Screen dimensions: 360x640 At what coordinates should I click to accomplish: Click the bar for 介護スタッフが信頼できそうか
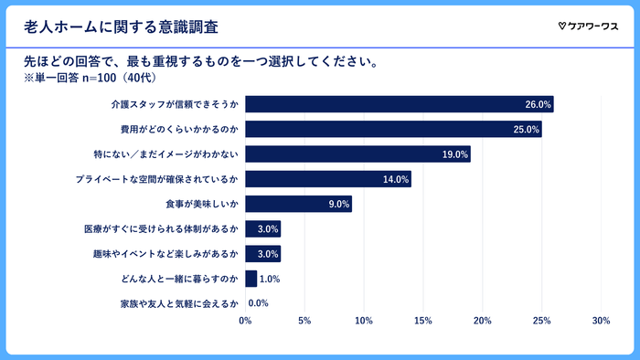399,105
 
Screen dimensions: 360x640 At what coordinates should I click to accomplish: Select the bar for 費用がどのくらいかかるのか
393,130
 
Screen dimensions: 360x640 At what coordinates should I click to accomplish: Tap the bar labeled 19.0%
357,154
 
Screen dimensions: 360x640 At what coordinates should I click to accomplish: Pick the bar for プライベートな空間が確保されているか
327,179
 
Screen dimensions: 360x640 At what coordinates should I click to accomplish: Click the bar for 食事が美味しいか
298,204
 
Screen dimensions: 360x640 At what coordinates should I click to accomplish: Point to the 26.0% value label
538,105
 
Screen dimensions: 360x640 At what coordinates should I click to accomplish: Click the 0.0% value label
258,303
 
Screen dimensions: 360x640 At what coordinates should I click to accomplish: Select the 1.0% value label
269,279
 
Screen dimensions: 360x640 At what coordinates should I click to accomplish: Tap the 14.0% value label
395,179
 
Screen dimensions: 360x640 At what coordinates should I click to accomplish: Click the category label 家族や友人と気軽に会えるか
179,303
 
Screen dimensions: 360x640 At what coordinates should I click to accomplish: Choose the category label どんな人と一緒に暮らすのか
179,279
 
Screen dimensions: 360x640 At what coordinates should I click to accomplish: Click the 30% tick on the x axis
601,321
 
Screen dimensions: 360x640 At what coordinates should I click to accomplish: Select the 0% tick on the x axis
245,321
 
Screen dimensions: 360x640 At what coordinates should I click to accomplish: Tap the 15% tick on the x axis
422,321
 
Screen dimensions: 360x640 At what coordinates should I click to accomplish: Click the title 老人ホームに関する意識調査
121,25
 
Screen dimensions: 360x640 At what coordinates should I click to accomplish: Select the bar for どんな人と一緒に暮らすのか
251,279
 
